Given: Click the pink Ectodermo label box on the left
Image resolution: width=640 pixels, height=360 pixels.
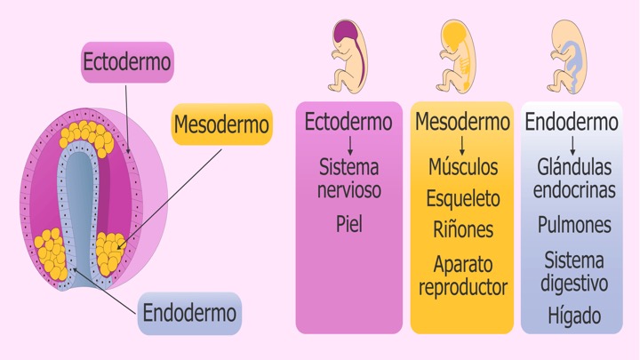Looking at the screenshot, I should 127,62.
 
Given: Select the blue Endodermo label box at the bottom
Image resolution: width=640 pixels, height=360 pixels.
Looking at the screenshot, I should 189,313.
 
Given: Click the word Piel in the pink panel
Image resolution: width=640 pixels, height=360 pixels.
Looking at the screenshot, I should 348,223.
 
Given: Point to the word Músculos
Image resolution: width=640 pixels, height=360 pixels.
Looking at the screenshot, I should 462,166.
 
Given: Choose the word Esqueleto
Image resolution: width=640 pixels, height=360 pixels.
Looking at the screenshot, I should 462,196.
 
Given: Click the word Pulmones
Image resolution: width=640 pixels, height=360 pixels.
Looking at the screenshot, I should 574,224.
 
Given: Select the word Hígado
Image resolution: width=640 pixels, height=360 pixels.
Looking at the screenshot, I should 574,315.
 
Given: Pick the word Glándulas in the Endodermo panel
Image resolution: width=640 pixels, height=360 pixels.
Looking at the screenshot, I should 574,166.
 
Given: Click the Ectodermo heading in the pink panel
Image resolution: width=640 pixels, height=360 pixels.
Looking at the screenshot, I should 348,122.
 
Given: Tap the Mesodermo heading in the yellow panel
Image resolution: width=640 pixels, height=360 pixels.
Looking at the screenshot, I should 462,122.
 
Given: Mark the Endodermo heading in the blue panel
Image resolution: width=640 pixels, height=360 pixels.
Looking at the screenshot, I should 574,122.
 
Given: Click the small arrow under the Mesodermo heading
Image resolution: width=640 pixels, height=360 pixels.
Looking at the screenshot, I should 462,143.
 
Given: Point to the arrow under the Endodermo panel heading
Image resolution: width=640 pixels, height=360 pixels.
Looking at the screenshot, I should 574,143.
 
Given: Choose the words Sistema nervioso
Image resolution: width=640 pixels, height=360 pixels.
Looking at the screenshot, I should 348,177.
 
